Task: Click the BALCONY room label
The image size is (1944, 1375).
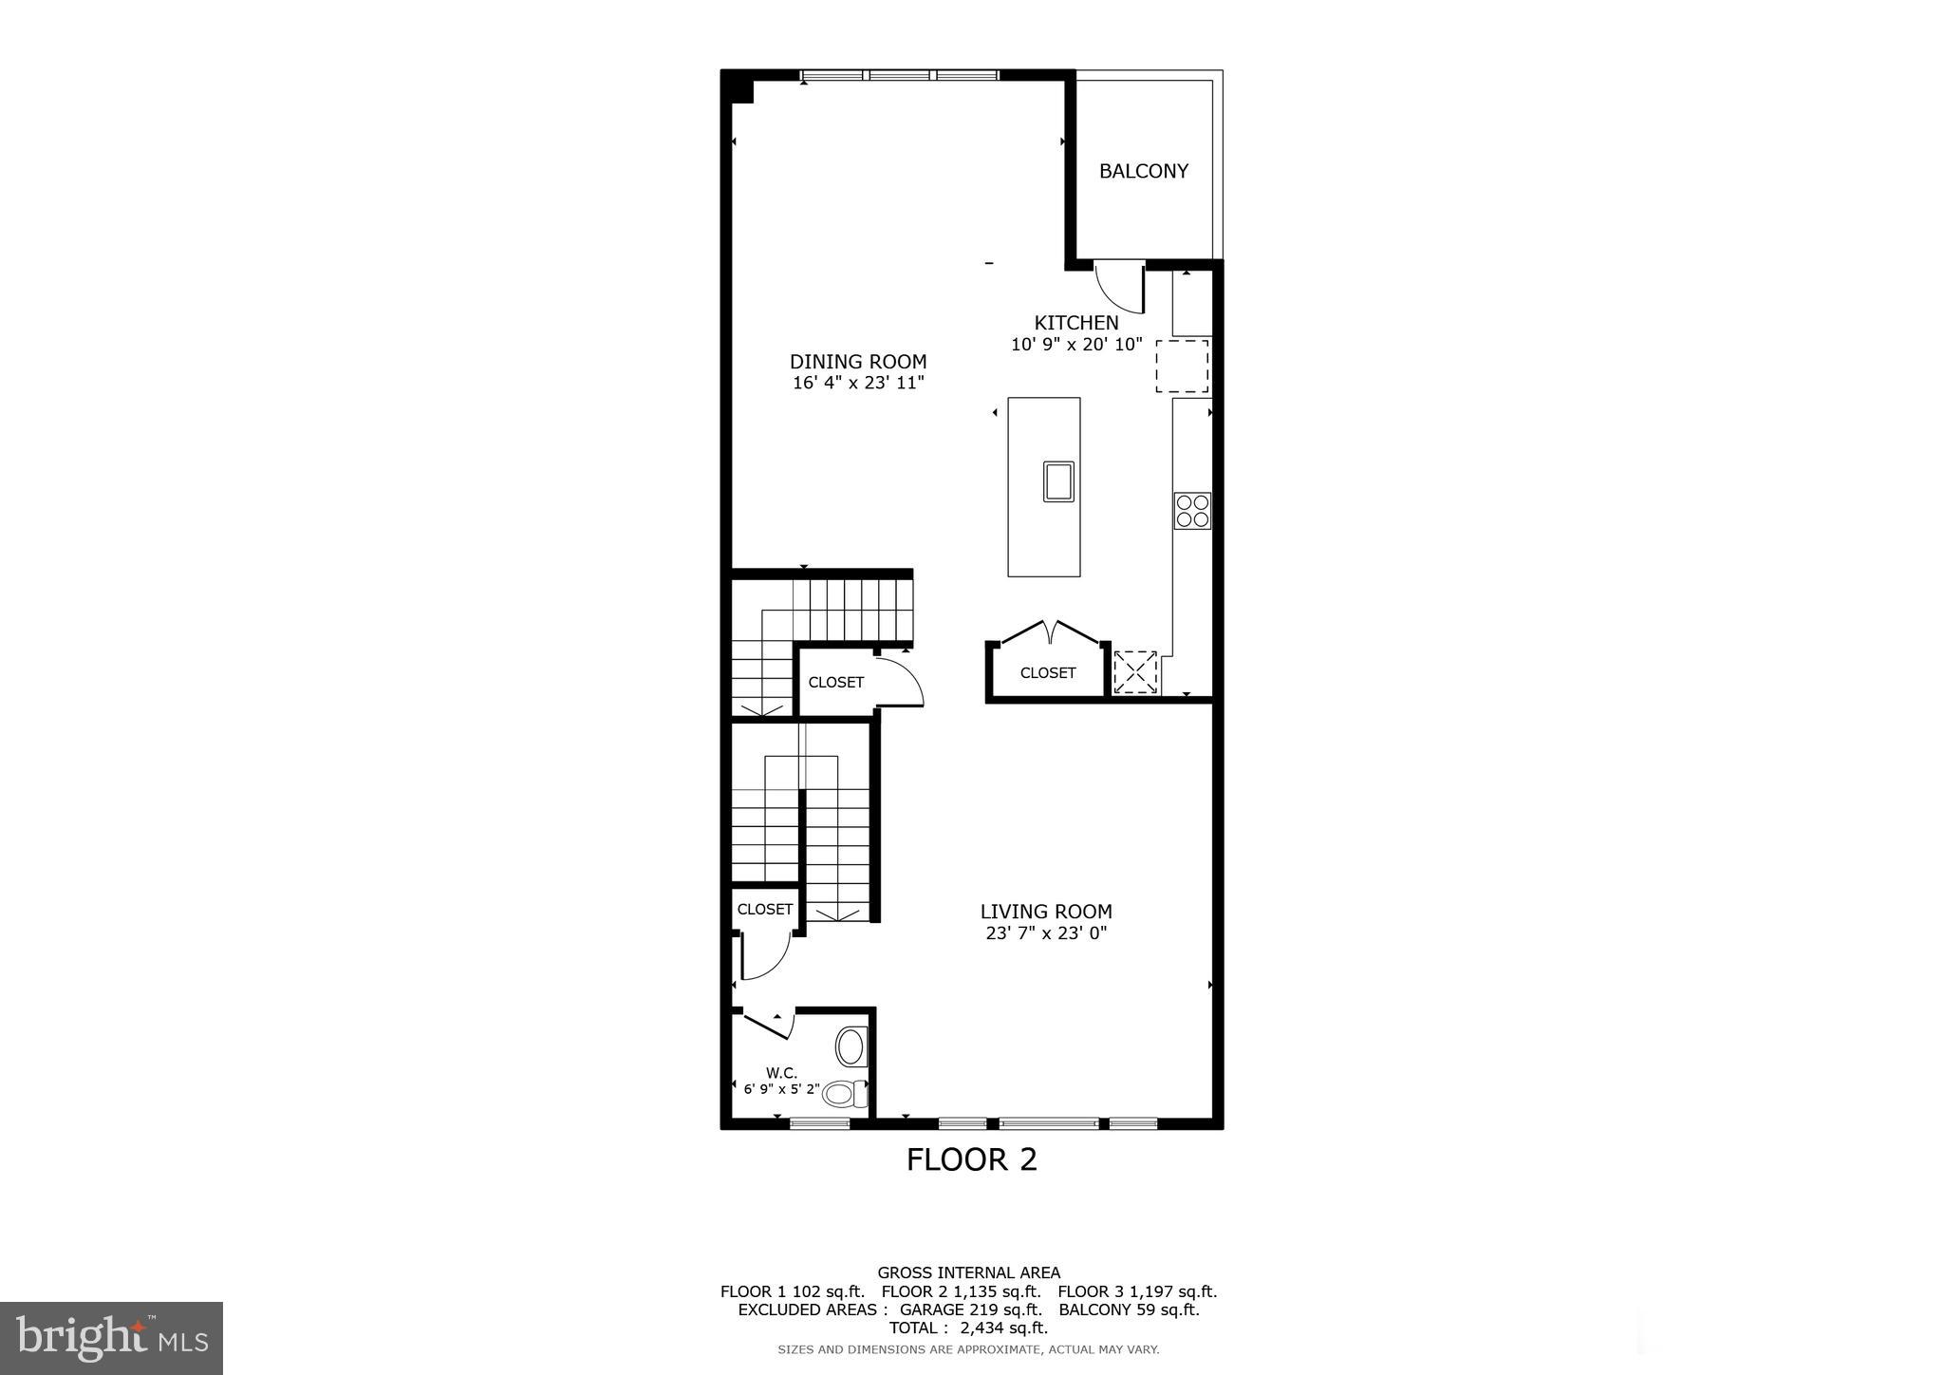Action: [1143, 171]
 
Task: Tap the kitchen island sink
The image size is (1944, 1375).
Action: [1058, 480]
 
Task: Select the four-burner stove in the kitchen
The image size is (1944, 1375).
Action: [1192, 511]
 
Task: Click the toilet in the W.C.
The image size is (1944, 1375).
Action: [844, 1093]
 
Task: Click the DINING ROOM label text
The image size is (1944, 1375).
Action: [858, 362]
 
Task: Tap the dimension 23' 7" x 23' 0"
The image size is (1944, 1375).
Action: [1046, 933]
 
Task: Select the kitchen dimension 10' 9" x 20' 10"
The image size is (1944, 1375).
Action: [1076, 345]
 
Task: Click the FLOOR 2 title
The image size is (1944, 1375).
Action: [971, 1159]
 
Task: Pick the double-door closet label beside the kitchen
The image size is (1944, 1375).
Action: [1047, 673]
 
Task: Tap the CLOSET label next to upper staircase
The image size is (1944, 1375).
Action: [835, 683]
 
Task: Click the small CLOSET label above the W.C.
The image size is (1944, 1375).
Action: [764, 910]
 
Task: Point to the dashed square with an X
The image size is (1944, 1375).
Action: [1135, 671]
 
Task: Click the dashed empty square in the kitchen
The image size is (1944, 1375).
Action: [1182, 367]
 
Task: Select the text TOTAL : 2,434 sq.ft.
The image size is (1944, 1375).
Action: [968, 1328]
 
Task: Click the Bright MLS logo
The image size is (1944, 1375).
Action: [111, 1338]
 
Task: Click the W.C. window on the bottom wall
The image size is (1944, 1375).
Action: [819, 1123]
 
